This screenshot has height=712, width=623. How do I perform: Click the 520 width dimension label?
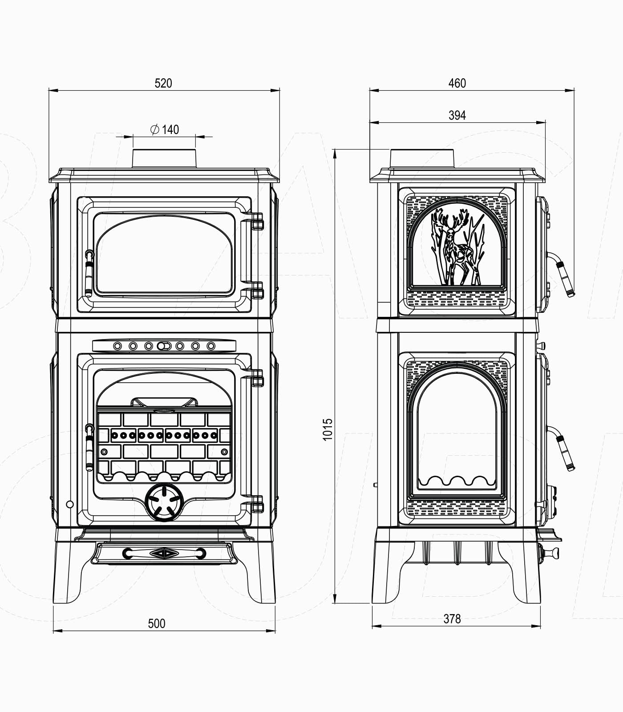[163, 83]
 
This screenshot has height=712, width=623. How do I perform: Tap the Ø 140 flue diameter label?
[165, 129]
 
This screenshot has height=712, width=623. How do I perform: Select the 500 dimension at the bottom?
[157, 623]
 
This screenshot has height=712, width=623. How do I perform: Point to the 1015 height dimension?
[328, 429]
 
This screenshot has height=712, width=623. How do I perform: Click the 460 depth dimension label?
[457, 83]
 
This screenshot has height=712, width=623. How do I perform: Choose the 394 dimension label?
[457, 115]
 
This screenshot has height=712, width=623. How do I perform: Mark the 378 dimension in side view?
[452, 619]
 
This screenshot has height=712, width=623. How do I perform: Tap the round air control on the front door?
[165, 502]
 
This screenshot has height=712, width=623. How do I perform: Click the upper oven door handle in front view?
[89, 274]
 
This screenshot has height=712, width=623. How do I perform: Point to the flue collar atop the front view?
[164, 158]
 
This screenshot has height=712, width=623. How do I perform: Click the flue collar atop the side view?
[422, 159]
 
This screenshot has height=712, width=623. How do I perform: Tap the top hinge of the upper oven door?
[257, 221]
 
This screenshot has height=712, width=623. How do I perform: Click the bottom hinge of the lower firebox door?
[257, 506]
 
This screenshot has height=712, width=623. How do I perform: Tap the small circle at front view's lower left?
[70, 504]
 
